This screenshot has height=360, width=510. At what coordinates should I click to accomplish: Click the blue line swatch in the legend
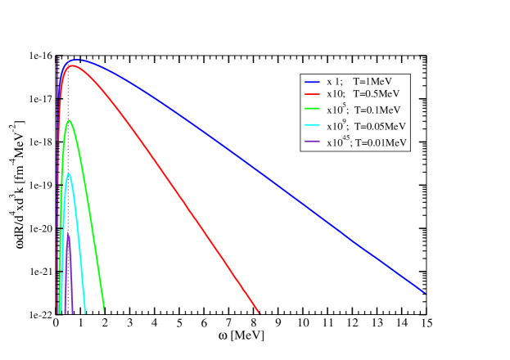(x=311, y=82)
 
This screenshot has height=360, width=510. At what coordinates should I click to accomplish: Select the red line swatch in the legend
(x=311, y=96)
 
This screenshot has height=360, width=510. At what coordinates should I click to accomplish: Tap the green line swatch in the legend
(x=311, y=110)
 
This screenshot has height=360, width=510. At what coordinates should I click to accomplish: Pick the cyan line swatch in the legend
(x=311, y=127)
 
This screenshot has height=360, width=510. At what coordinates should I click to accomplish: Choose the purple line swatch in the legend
(x=311, y=142)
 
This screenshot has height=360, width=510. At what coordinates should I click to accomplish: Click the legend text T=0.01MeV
(x=382, y=142)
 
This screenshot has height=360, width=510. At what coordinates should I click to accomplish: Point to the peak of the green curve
(x=70, y=120)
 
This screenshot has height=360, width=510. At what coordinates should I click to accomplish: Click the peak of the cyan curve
(x=69, y=174)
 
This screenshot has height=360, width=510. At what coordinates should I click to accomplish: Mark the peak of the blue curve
(x=75, y=60)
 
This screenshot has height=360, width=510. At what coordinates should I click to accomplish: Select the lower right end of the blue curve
(x=425, y=292)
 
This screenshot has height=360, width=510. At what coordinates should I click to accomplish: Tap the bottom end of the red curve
(x=260, y=312)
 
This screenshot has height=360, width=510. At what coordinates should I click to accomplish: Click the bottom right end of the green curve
(x=104, y=311)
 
